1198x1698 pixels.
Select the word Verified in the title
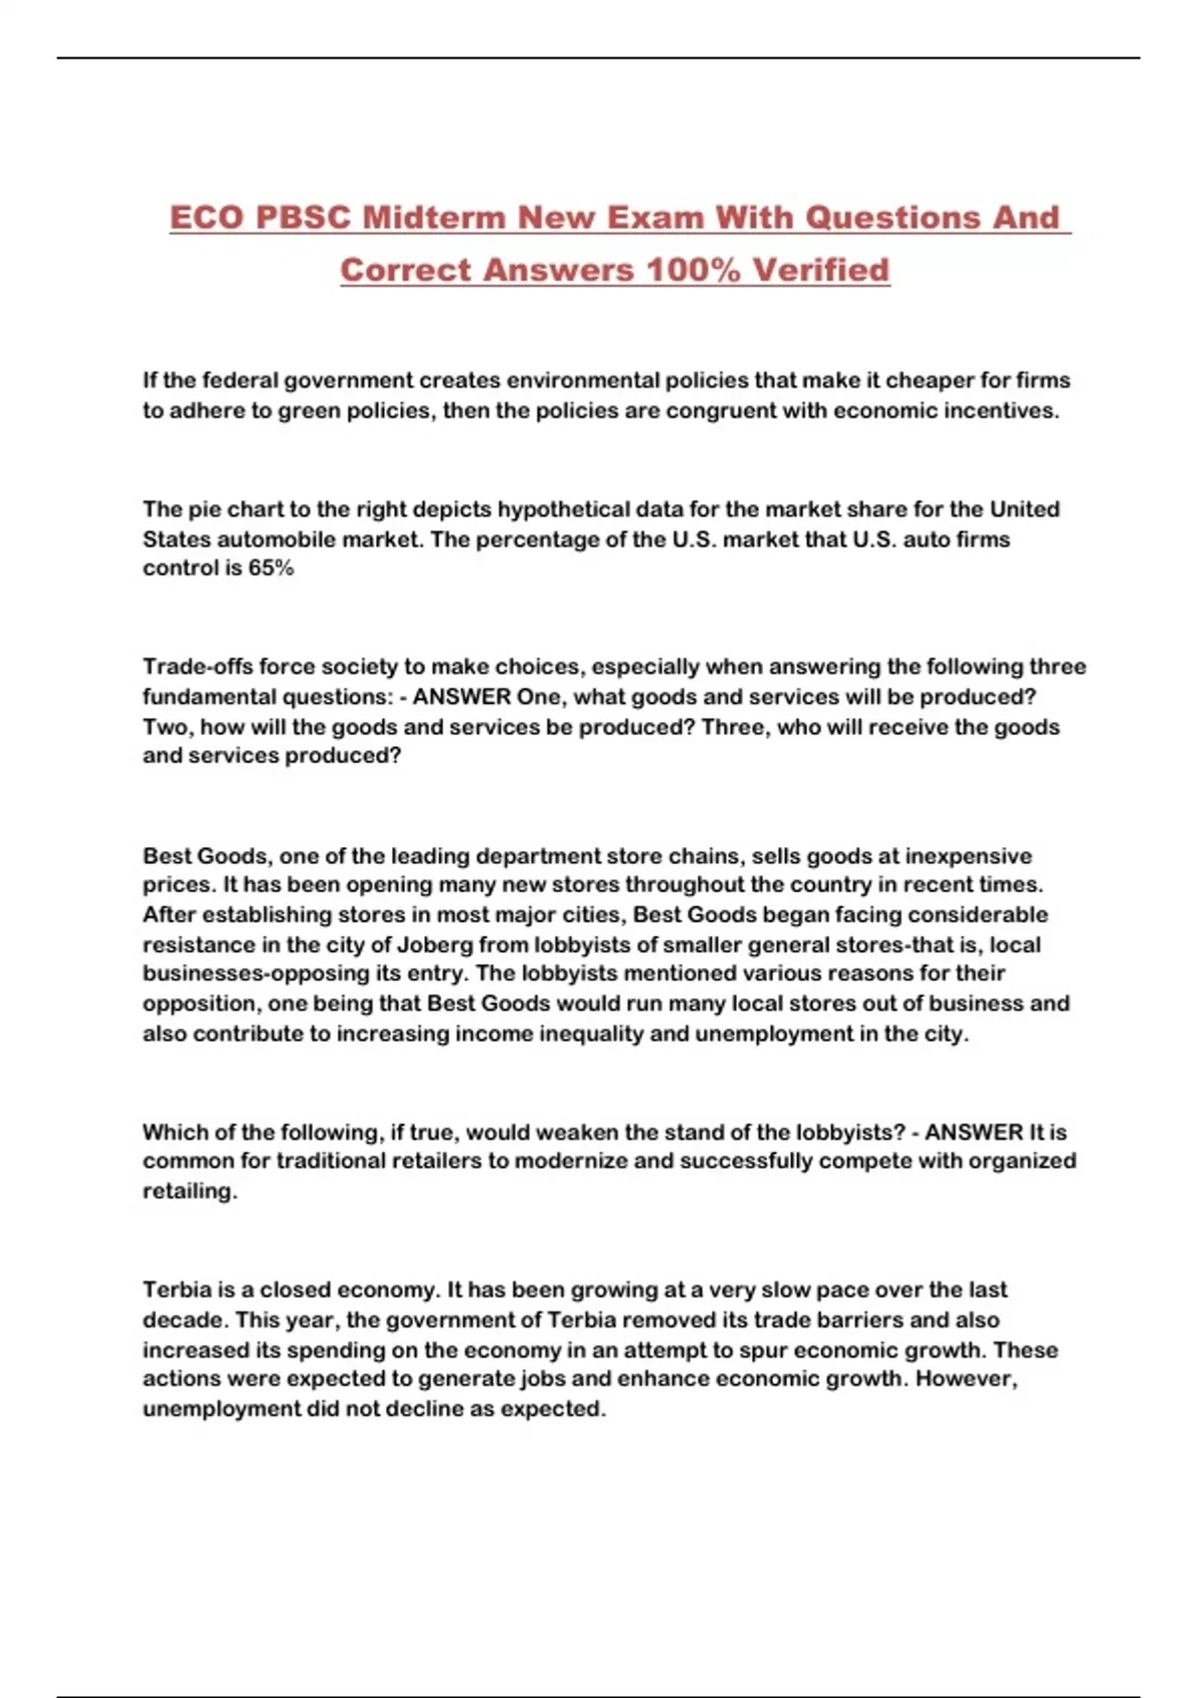[821, 270]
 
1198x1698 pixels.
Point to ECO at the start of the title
[207, 218]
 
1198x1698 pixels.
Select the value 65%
[271, 568]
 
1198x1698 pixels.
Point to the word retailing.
[190, 1191]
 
